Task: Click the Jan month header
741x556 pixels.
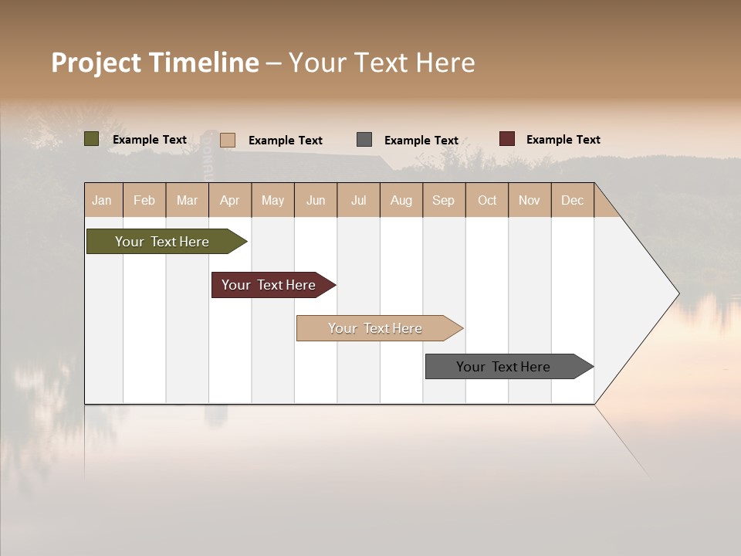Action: click(x=102, y=200)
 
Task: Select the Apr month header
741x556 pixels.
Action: click(x=229, y=200)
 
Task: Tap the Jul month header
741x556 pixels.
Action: click(x=358, y=200)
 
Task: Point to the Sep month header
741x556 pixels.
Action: click(x=443, y=200)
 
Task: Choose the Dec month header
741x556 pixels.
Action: click(x=572, y=200)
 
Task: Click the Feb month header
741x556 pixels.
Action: click(x=144, y=200)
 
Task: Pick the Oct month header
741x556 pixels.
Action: click(x=487, y=200)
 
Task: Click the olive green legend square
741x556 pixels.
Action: click(x=92, y=139)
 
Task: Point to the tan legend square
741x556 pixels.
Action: click(x=228, y=140)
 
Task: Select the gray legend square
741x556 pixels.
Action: click(x=364, y=140)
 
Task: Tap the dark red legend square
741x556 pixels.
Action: click(x=507, y=139)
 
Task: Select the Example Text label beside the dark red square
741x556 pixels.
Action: click(x=563, y=140)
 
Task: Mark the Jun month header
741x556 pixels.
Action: click(x=316, y=200)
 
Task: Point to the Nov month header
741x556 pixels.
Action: click(x=530, y=200)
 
